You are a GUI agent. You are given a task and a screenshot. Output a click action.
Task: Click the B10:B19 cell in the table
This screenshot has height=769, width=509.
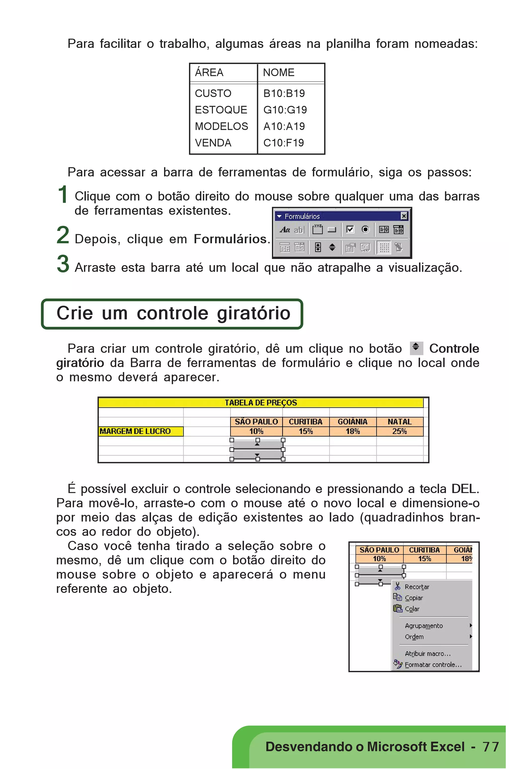pyautogui.click(x=284, y=93)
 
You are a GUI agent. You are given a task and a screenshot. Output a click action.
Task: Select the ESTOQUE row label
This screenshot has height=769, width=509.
pyautogui.click(x=221, y=110)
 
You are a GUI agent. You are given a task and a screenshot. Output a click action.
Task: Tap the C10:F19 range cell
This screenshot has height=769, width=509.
pyautogui.click(x=283, y=143)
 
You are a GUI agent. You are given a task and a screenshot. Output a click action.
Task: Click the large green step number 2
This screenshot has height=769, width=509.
pyautogui.click(x=63, y=235)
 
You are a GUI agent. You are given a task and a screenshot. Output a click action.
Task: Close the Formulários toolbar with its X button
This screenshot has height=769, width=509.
pyautogui.click(x=404, y=216)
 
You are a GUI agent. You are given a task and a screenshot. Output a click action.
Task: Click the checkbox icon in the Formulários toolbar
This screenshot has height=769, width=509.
pyautogui.click(x=350, y=230)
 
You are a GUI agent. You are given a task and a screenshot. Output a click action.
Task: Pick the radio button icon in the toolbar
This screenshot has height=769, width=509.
pyautogui.click(x=365, y=230)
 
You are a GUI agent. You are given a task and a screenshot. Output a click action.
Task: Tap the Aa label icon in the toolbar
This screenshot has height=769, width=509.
pyautogui.click(x=285, y=230)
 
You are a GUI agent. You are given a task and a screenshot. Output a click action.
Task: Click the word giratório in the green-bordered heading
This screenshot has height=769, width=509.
pyautogui.click(x=253, y=313)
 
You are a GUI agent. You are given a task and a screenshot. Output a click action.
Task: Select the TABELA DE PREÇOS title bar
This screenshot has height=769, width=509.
pyautogui.click(x=261, y=403)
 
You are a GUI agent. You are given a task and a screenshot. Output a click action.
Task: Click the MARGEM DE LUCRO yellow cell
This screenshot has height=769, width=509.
pyautogui.click(x=141, y=431)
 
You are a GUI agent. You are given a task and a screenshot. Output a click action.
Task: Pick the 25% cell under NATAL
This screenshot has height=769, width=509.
pyautogui.click(x=399, y=431)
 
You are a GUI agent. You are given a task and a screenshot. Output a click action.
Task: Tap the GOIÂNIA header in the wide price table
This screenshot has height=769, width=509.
pyautogui.click(x=352, y=422)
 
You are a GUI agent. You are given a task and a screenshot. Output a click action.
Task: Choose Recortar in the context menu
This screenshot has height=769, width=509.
pyautogui.click(x=417, y=587)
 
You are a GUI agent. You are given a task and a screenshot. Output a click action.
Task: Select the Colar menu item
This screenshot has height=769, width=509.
pyautogui.click(x=412, y=609)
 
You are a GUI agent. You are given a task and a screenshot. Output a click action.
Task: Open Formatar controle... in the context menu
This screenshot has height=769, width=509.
pyautogui.click(x=433, y=664)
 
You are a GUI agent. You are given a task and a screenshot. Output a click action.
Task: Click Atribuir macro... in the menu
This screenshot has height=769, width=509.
pyautogui.click(x=427, y=654)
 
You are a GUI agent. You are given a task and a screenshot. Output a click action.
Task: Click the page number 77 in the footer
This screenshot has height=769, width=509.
pyautogui.click(x=490, y=747)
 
